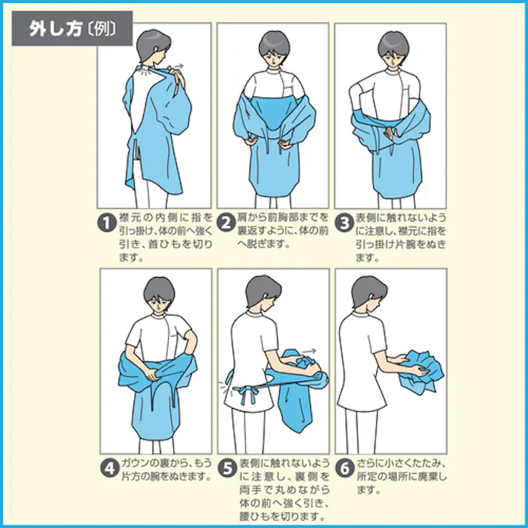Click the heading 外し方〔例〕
click(x=72, y=29)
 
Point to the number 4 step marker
click(x=107, y=469)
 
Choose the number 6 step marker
click(x=344, y=469)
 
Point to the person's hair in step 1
click(x=151, y=41)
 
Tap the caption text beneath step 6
click(x=396, y=478)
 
